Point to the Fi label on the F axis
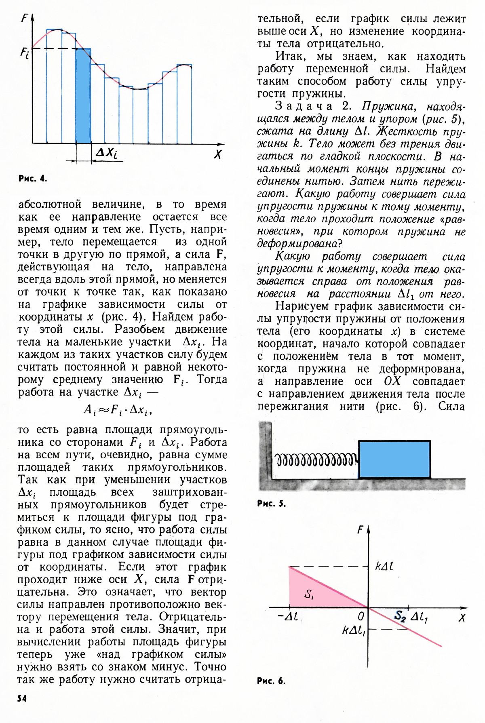(x=25, y=53)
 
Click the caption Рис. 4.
(x=33, y=178)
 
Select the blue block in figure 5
(x=394, y=460)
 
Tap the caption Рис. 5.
(x=271, y=504)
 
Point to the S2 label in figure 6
(x=400, y=615)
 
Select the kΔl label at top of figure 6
(x=384, y=566)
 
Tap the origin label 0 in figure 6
(x=361, y=616)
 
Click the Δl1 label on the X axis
(x=419, y=617)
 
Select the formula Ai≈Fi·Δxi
(x=118, y=410)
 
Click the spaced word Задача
(x=304, y=106)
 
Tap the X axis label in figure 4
(x=218, y=154)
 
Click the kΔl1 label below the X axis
(x=354, y=631)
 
